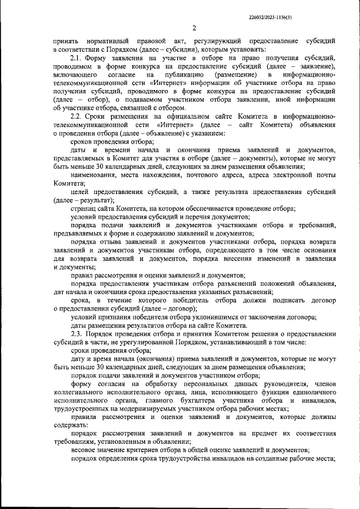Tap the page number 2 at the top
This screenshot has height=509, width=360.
(x=193, y=28)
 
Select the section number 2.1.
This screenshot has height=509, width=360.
(x=77, y=58)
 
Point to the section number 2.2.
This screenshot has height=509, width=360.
(x=77, y=115)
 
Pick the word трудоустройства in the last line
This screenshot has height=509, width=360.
(x=186, y=458)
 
